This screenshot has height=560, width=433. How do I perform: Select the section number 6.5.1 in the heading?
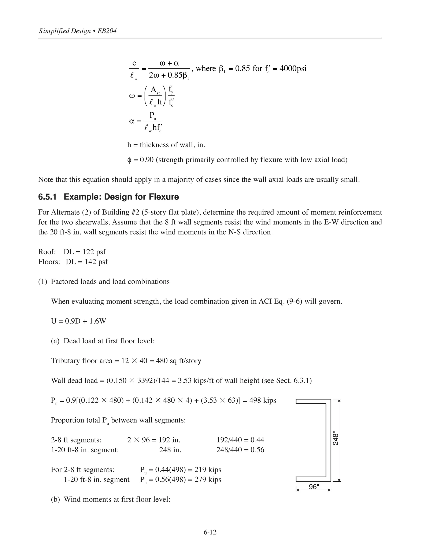pyautogui.click(x=47, y=197)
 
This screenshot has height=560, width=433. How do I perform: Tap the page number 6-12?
pyautogui.click(x=210, y=532)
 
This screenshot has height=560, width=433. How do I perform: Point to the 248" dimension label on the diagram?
pyautogui.click(x=336, y=440)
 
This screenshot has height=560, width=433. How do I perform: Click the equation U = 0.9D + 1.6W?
pyautogui.click(x=78, y=321)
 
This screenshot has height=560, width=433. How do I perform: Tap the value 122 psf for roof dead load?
pyautogui.click(x=94, y=252)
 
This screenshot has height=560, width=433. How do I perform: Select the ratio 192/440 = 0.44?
pyautogui.click(x=240, y=440)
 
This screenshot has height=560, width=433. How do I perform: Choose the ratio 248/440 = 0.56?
pyautogui.click(x=240, y=450)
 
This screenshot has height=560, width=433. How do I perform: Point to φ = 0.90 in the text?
pyautogui.click(x=141, y=160)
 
